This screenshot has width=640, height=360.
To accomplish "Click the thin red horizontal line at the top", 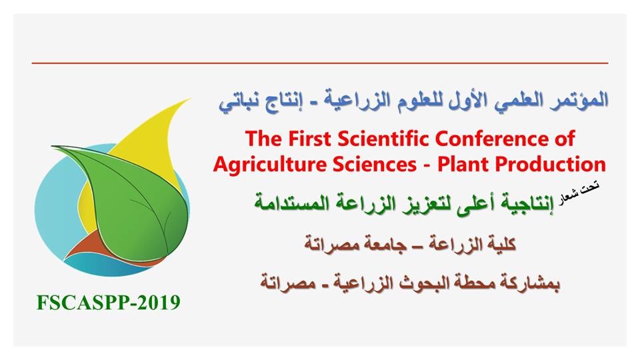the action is point(320,63).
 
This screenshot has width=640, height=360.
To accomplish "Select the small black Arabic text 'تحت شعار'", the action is point(579,194).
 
